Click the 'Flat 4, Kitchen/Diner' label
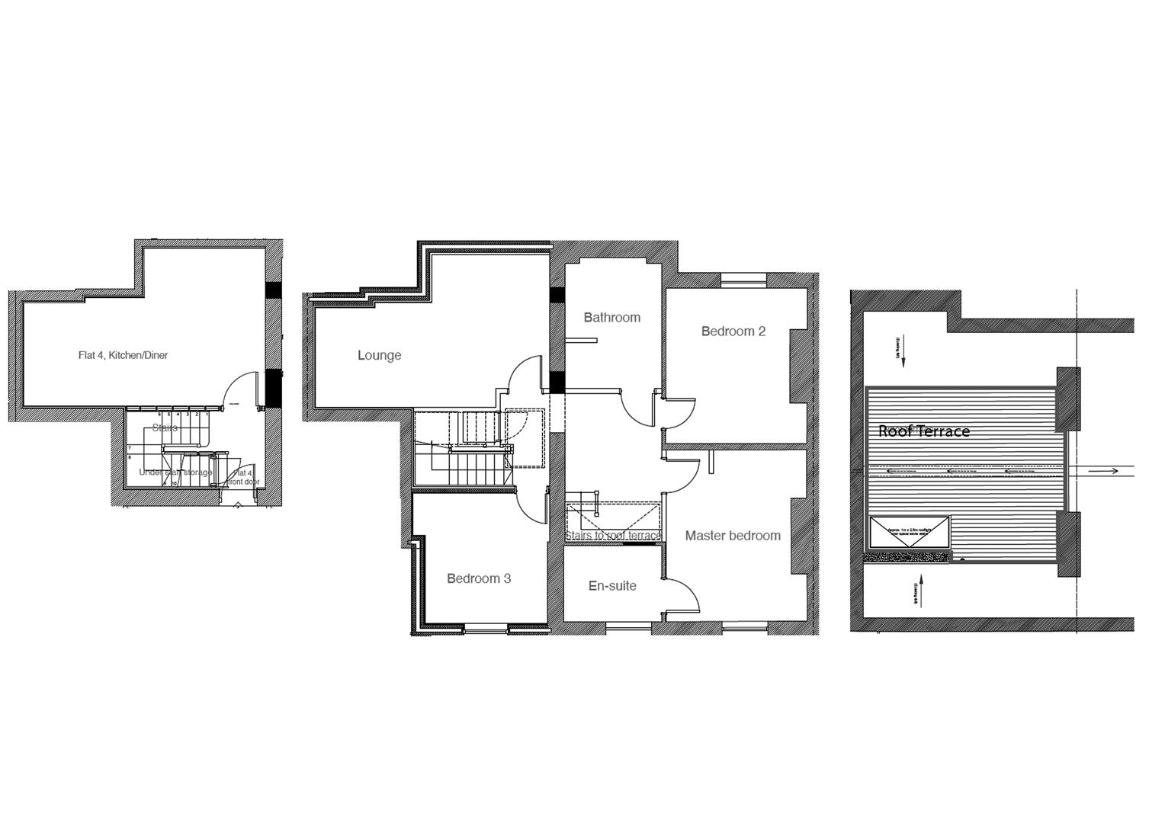[x=123, y=355]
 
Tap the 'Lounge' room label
[x=379, y=355]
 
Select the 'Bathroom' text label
[x=611, y=317]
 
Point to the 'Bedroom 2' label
[x=733, y=331]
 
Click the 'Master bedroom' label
[x=732, y=536]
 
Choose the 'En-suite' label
[x=612, y=586]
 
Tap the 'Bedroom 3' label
[x=478, y=578]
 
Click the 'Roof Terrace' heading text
[x=923, y=431]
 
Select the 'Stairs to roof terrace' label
[x=612, y=536]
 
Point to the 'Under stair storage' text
[x=175, y=472]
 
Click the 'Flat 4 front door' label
[x=244, y=478]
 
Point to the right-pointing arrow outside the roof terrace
[x=1103, y=471]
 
